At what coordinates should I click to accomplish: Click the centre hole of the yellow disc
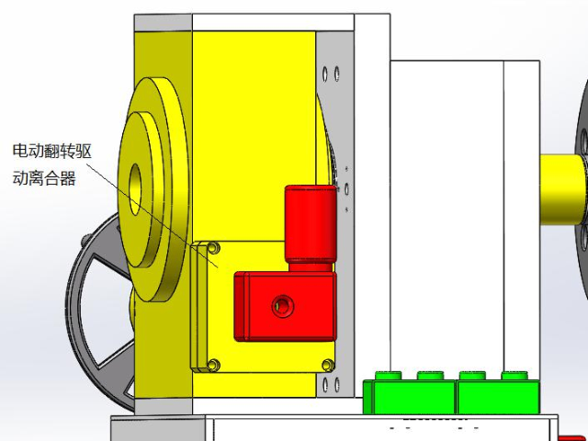pos(135,190)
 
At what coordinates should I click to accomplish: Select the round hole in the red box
pos(283,306)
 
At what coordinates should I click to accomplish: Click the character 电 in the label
pos(20,151)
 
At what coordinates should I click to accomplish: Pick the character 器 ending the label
pos(68,177)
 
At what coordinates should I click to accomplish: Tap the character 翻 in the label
pos(51,151)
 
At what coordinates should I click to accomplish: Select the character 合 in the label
pos(52,177)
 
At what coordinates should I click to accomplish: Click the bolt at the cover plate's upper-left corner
pos(213,247)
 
